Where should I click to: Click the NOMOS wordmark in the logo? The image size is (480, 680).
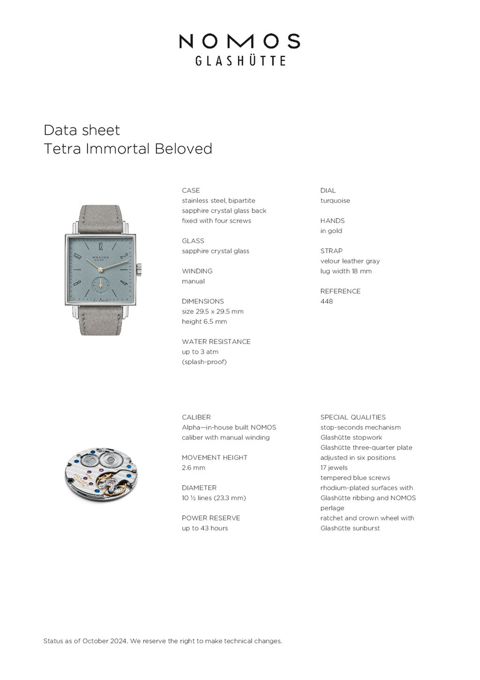tap(240, 41)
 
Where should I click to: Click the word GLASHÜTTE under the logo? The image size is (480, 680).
tap(240, 61)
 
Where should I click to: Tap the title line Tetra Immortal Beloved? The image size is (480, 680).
tap(128, 149)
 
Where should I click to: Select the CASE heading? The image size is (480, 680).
tap(191, 191)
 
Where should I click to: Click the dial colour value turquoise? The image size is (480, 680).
tap(335, 201)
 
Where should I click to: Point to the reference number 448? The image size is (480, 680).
tap(327, 301)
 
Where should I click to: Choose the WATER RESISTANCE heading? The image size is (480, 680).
tap(216, 342)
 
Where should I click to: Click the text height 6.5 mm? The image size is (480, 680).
tap(204, 321)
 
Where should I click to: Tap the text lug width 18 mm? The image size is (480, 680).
tap(346, 271)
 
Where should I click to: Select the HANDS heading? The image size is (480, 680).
tap(332, 221)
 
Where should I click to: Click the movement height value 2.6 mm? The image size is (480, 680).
tap(194, 468)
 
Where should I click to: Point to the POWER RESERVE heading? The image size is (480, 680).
tap(211, 518)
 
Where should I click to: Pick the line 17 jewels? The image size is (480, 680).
tap(334, 468)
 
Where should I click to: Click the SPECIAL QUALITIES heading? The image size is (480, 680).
tap(353, 417)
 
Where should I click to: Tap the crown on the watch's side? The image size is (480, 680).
tap(139, 270)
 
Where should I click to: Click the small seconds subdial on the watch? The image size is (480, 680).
tap(100, 284)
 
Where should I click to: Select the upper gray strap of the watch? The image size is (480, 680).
tap(100, 219)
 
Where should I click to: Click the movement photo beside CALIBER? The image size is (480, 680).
tap(101, 474)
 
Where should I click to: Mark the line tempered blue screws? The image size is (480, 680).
tap(355, 478)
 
